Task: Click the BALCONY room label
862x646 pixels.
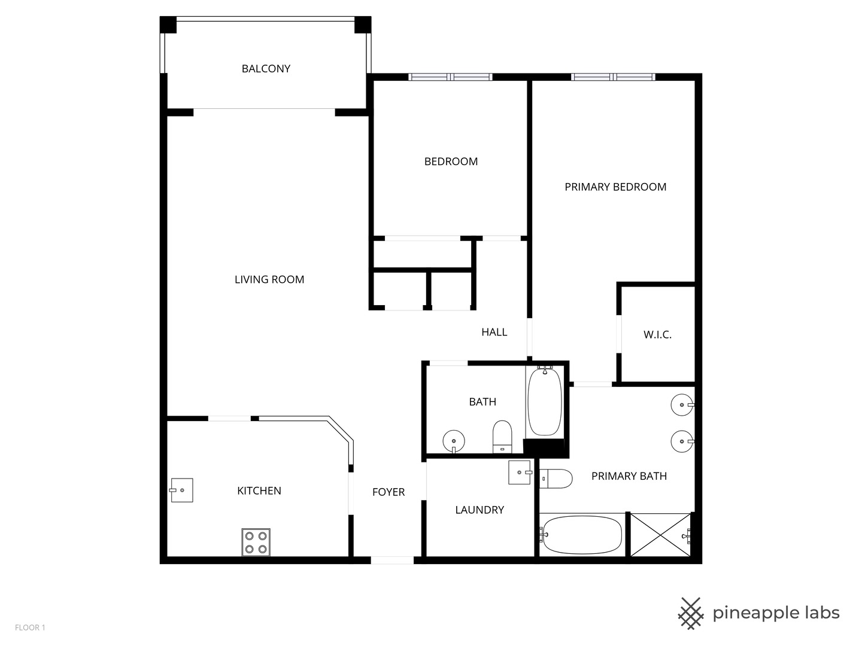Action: pos(266,69)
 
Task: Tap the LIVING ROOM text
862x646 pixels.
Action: pos(269,279)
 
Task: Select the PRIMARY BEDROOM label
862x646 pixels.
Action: pos(615,187)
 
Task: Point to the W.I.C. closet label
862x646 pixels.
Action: pos(657,335)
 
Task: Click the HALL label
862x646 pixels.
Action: pos(494,332)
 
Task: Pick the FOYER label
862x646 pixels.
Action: pos(388,492)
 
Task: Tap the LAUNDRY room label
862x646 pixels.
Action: pos(479,510)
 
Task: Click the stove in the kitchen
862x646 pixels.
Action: pos(256,542)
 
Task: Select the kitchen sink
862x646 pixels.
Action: pos(181,490)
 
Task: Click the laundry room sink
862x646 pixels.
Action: pos(520,472)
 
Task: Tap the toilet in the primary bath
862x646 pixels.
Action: pos(556,479)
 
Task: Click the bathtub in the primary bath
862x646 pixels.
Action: pos(582,534)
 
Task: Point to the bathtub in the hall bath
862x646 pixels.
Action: pos(545,401)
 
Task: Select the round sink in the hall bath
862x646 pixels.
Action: pos(454,442)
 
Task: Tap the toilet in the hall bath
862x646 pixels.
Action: pos(502,436)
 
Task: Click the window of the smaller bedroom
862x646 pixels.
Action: pos(450,77)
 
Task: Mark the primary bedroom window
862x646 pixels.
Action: pos(613,77)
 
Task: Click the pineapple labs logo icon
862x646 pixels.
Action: pos(691,613)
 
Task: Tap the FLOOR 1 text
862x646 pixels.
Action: pos(30,627)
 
